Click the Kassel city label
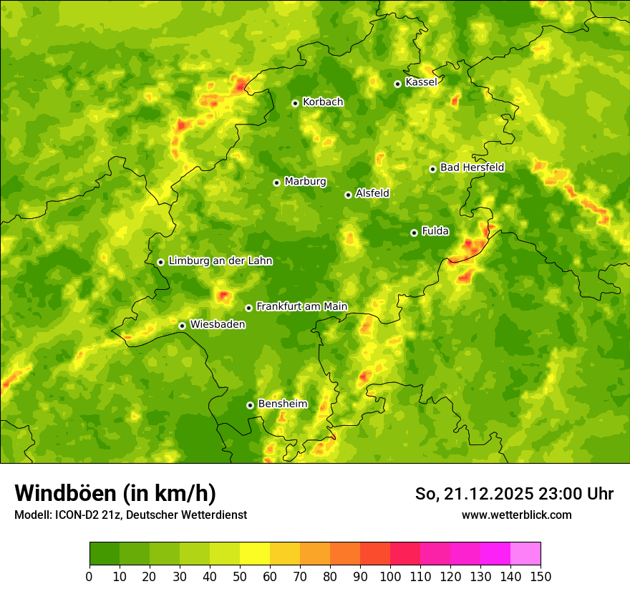[x=421, y=82]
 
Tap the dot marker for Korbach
[x=295, y=103]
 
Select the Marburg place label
[x=305, y=182]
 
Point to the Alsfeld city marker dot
[x=348, y=195]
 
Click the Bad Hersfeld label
[x=472, y=167]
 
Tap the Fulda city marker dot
[x=414, y=233]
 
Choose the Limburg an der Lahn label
[x=220, y=261]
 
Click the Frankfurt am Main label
[x=301, y=306]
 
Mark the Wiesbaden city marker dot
[x=182, y=326]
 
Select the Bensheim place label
[x=282, y=404]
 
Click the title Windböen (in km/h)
[x=115, y=493]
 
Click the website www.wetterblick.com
[x=516, y=515]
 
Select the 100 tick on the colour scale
[x=389, y=576]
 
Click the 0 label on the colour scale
[x=89, y=576]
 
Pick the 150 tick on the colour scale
[x=541, y=576]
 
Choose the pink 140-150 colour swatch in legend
[x=525, y=553]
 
